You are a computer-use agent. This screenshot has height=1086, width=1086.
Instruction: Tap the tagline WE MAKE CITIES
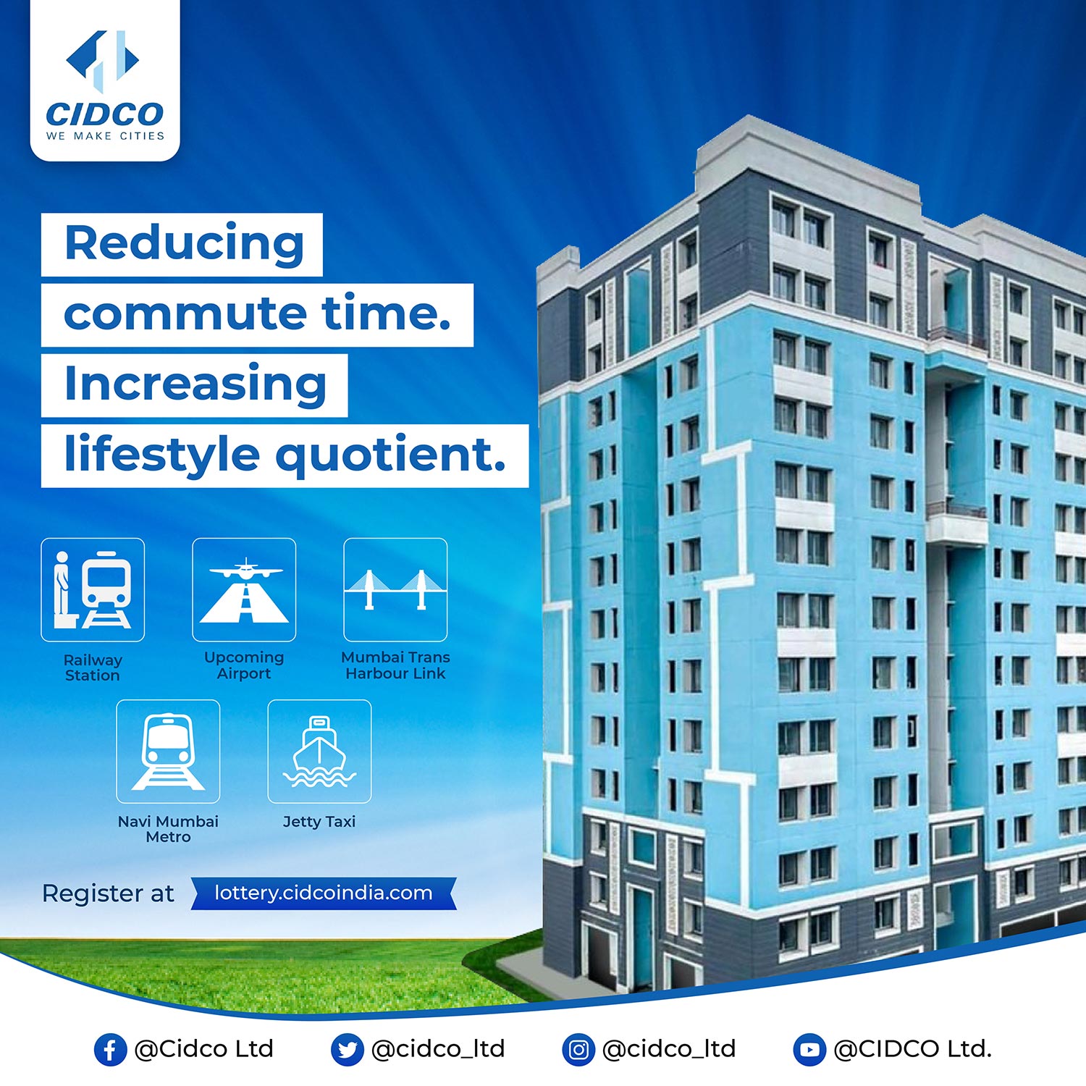click(x=105, y=136)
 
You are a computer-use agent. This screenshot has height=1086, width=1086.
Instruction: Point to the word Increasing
click(x=195, y=385)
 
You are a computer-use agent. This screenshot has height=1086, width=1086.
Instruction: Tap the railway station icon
click(x=93, y=589)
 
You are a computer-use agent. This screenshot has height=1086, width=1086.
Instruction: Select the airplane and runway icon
click(x=244, y=589)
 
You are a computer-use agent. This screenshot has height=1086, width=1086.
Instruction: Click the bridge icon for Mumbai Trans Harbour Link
click(x=395, y=589)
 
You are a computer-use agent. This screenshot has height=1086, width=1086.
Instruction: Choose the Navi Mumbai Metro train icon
click(x=168, y=751)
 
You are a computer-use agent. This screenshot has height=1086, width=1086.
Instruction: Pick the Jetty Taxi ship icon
click(x=319, y=751)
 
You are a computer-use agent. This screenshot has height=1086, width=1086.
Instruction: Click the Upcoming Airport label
click(x=244, y=665)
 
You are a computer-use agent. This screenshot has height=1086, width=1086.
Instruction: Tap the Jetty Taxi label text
click(x=319, y=822)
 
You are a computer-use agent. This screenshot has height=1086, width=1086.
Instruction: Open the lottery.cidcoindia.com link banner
click(x=324, y=893)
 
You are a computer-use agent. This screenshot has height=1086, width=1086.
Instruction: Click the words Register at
click(x=108, y=894)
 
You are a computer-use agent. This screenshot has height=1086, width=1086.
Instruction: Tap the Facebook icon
click(x=110, y=1050)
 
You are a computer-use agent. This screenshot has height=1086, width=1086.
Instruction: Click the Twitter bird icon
click(x=347, y=1050)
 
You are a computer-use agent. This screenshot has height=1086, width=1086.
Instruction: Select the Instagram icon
click(x=578, y=1050)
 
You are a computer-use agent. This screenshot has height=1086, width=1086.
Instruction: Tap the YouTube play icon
click(x=809, y=1050)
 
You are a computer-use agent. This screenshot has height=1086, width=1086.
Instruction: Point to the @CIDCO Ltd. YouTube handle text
click(x=913, y=1049)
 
